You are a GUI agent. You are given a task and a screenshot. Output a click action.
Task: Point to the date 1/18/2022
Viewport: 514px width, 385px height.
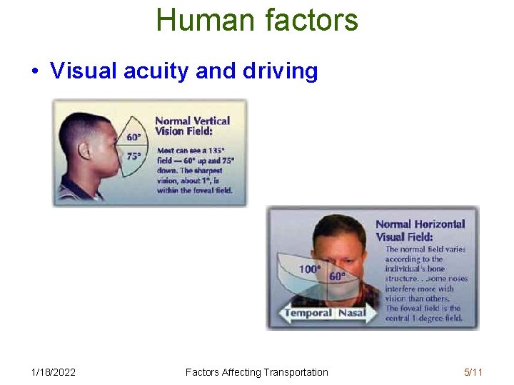[54, 371]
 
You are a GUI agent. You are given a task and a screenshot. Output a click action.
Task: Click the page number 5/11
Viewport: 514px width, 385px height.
[473, 371]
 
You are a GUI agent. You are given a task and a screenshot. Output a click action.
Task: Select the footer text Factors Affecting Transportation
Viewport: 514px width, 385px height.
[256, 371]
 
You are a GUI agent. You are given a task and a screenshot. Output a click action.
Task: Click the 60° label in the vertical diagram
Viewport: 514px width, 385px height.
[133, 138]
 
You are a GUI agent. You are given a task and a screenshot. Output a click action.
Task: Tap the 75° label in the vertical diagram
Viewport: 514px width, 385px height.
[133, 155]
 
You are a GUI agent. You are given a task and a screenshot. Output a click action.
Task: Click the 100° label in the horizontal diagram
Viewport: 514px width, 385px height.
[309, 269]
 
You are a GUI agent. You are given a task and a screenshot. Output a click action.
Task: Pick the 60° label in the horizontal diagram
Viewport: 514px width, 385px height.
[337, 276]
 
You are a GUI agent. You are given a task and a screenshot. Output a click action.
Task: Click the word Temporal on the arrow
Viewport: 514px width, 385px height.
[308, 312]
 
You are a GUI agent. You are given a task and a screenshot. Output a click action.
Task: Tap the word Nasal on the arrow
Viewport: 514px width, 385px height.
[351, 312]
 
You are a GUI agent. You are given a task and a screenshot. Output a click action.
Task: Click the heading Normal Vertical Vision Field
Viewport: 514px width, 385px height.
[192, 126]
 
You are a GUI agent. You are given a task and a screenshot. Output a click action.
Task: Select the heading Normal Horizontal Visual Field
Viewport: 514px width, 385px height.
[420, 230]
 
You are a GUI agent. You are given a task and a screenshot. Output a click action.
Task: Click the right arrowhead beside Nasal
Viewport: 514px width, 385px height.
[373, 312]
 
